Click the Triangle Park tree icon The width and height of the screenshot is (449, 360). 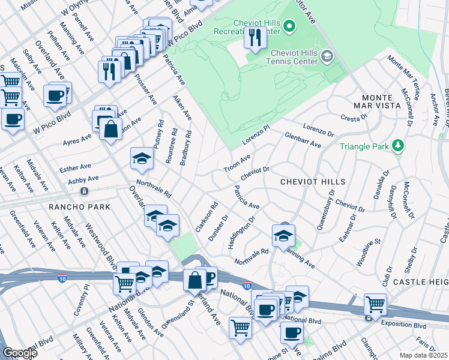397,146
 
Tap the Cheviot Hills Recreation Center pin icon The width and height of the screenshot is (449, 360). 289,25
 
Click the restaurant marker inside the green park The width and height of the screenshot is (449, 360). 255,38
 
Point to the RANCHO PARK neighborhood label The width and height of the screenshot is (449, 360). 85,206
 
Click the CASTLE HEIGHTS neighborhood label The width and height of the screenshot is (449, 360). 420,281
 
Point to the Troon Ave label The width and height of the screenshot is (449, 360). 237,161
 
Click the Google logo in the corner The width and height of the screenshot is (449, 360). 20,353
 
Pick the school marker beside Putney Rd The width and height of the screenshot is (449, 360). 142,158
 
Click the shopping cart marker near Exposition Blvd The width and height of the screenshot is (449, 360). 375,305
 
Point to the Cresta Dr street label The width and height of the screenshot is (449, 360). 353,118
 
